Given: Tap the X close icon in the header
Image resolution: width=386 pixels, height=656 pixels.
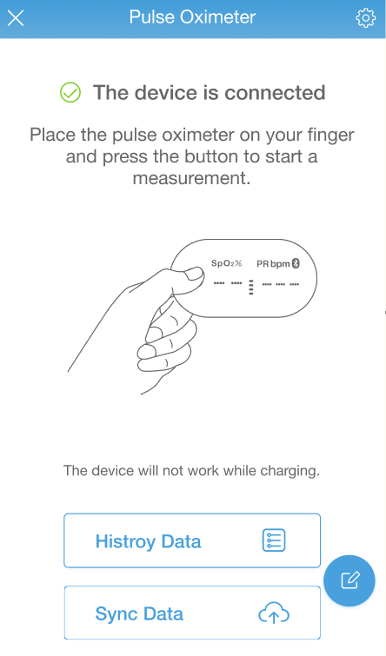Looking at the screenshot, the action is (16, 18).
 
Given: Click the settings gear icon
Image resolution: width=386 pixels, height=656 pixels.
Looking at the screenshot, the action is (365, 18).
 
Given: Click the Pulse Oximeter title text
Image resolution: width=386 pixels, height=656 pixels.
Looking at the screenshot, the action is (192, 17).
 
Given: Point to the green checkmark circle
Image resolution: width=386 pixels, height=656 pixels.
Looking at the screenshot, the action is (70, 92).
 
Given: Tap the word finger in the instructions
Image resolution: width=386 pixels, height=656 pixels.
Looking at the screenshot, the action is (330, 136).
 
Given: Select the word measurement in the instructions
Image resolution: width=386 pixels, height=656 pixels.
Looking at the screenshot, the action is (192, 178).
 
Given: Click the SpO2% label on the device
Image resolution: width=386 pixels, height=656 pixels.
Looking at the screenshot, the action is (227, 263).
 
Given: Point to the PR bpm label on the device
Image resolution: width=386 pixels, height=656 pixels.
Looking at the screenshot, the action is (273, 264).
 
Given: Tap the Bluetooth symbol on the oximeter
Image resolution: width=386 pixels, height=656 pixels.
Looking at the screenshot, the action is (296, 263).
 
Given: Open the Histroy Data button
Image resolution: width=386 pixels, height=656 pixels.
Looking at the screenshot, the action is (192, 540).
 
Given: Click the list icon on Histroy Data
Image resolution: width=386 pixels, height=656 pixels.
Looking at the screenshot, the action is (274, 540).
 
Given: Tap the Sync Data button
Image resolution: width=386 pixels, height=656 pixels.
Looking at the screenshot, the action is (192, 613).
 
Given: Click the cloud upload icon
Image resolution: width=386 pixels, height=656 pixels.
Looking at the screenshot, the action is (274, 613).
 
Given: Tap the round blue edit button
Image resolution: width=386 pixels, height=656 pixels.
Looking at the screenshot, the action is (349, 580).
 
